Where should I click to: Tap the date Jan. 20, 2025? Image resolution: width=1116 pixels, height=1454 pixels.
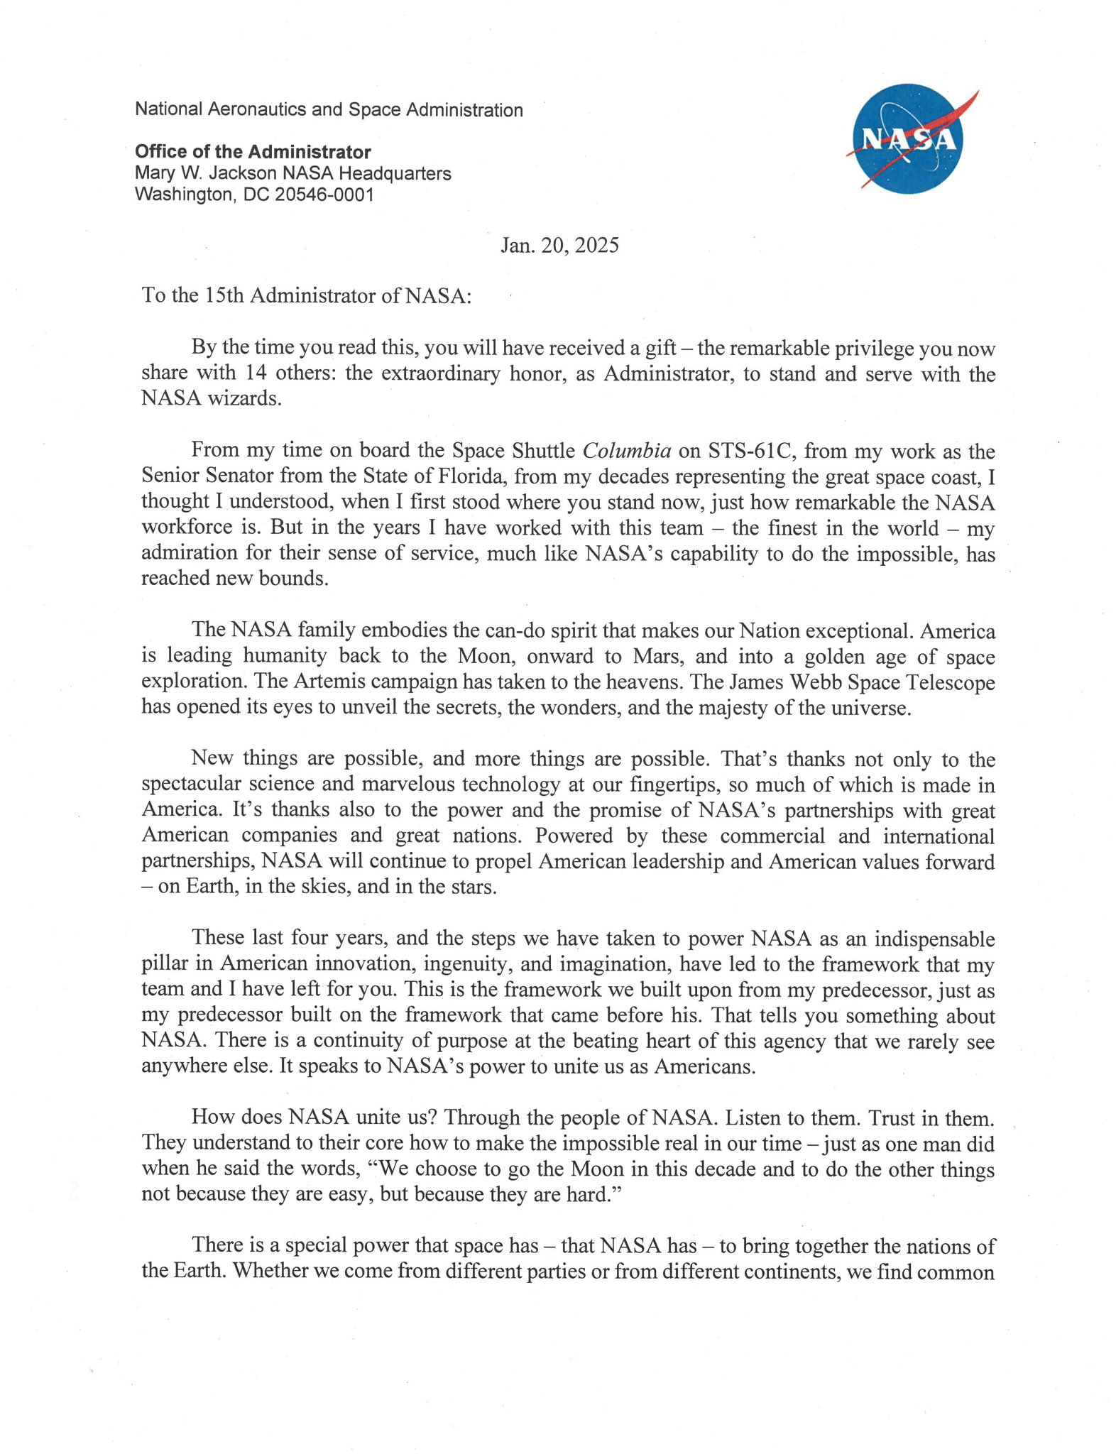(x=559, y=246)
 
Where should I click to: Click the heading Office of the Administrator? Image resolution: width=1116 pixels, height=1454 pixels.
(x=253, y=152)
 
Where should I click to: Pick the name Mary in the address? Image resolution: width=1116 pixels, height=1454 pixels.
(x=154, y=173)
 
